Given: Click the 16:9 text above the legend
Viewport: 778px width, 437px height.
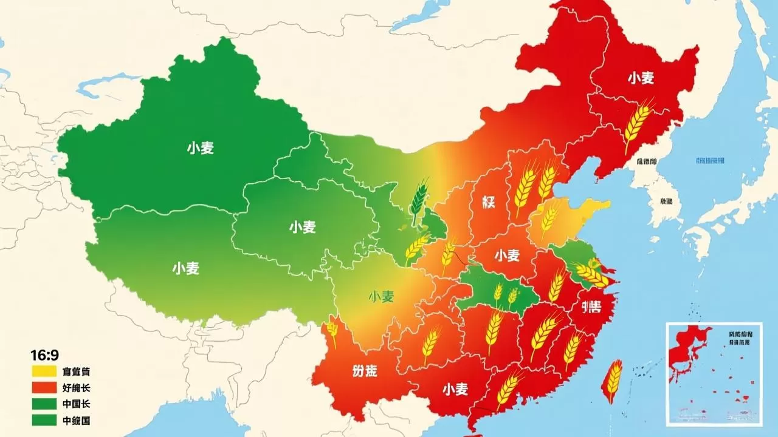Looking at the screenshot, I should coord(43,354).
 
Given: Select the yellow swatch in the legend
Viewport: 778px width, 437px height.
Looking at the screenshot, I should coord(44,371).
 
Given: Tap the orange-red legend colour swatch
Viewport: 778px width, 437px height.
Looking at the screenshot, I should coord(44,387).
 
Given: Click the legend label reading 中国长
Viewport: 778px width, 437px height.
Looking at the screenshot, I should coord(76,404).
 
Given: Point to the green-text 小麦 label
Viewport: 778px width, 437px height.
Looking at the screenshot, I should coord(381,297).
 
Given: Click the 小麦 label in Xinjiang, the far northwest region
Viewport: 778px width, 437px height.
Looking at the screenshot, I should coord(201,147).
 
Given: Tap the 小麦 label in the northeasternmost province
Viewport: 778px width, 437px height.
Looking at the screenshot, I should coord(641,78).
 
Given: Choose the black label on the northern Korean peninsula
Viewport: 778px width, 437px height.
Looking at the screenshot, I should coord(647,161).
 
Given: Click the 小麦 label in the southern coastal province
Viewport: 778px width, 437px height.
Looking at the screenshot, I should coord(455,389).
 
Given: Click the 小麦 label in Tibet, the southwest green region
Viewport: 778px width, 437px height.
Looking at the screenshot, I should coord(185,268).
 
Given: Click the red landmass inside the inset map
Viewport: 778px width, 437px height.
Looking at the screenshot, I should coord(687,352).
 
